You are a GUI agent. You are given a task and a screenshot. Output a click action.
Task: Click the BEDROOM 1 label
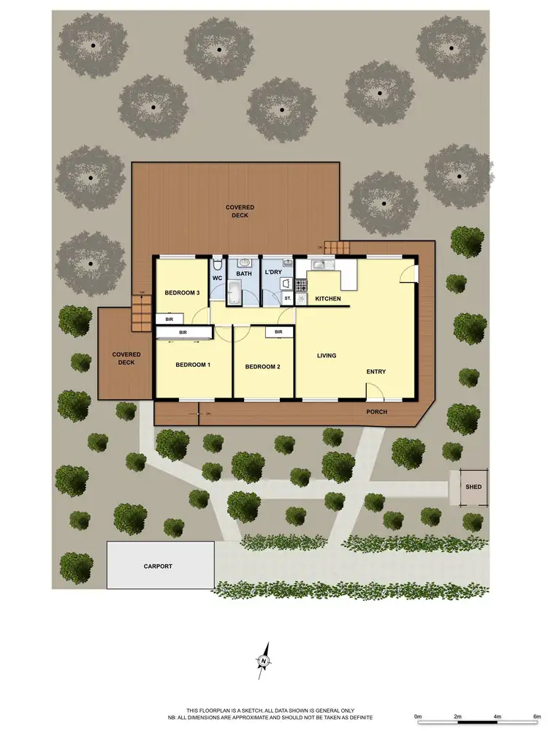pos(193,364)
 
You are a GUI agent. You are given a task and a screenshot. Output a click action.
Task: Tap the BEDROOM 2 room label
pos(262,367)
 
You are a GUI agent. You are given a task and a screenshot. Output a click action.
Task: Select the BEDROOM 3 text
pos(182,293)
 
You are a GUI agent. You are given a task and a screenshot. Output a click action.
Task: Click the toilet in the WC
pos(218,265)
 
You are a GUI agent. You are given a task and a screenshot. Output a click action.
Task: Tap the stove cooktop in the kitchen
pos(301,284)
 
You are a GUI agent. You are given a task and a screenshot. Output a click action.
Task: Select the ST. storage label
pos(287,298)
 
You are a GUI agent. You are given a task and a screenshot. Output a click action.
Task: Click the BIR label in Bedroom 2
pos(278,332)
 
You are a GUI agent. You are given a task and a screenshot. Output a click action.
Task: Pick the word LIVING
pos(326,356)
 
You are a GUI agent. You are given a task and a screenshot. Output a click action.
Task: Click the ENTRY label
pos(376,372)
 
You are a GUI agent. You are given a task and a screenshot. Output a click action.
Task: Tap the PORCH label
pos(377,412)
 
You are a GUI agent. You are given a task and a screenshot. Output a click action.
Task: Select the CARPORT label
pos(159,566)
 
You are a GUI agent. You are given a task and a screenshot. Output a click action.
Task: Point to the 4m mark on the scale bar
pos(497,716)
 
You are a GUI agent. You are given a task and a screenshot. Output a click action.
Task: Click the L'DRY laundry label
pos(273,273)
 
